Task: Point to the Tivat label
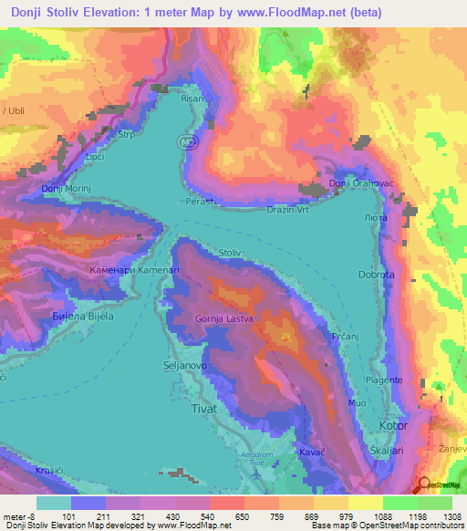coord(202,410)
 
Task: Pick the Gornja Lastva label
coord(223,318)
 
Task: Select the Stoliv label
coord(231,253)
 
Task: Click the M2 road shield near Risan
coord(187,142)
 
